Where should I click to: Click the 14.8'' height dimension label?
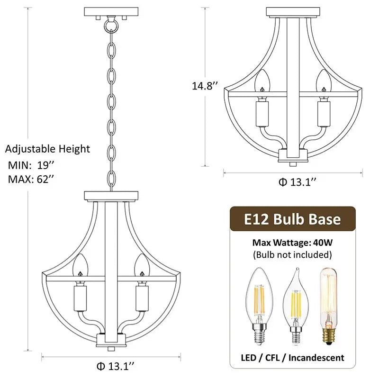(x=205, y=86)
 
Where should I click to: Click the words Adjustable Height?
(x=47, y=149)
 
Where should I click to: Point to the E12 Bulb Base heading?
(x=292, y=219)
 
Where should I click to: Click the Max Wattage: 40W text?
(x=292, y=243)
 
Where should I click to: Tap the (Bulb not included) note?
(x=292, y=255)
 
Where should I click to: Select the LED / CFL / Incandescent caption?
(x=292, y=357)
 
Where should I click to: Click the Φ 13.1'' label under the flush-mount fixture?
(x=297, y=182)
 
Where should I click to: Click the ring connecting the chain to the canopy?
(x=111, y=23)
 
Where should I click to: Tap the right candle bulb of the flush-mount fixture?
(x=324, y=82)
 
